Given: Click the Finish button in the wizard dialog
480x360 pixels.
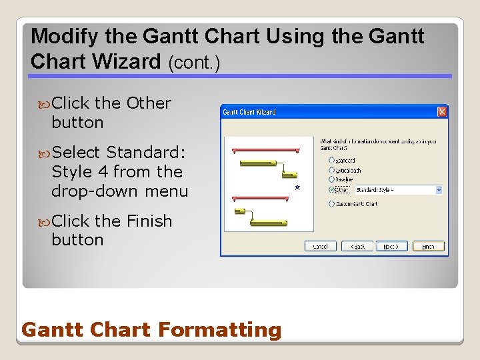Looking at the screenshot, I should click(x=428, y=246).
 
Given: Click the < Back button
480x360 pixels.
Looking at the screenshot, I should click(x=357, y=246).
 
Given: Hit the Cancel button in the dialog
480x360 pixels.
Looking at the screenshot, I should click(x=321, y=246).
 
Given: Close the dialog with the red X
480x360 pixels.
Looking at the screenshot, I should click(x=441, y=112).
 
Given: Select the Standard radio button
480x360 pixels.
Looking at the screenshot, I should click(x=332, y=161).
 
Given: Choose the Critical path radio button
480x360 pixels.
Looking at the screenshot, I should click(x=332, y=171).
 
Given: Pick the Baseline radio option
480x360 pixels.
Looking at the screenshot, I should click(x=332, y=180).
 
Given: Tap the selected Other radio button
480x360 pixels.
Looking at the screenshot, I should click(x=332, y=189).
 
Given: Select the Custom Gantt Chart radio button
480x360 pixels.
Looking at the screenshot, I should click(x=332, y=203).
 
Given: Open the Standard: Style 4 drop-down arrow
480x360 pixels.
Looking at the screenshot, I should click(x=438, y=190).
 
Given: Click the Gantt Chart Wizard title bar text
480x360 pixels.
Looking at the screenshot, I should click(x=249, y=112).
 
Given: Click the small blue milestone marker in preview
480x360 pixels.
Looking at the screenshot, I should click(x=297, y=188).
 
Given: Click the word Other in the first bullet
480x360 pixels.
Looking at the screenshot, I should click(x=149, y=103).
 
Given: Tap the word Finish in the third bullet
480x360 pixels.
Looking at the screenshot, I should click(x=149, y=221).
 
